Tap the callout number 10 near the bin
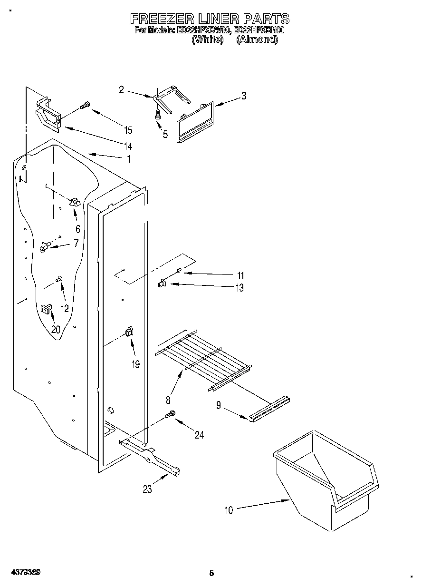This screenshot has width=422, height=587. tap(229, 510)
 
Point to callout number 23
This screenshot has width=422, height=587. tap(147, 489)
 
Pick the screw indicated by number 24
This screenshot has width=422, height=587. tap(171, 415)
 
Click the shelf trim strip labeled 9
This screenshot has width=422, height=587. tap(268, 410)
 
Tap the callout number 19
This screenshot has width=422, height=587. tap(136, 364)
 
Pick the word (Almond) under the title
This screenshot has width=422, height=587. tap(257, 40)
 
